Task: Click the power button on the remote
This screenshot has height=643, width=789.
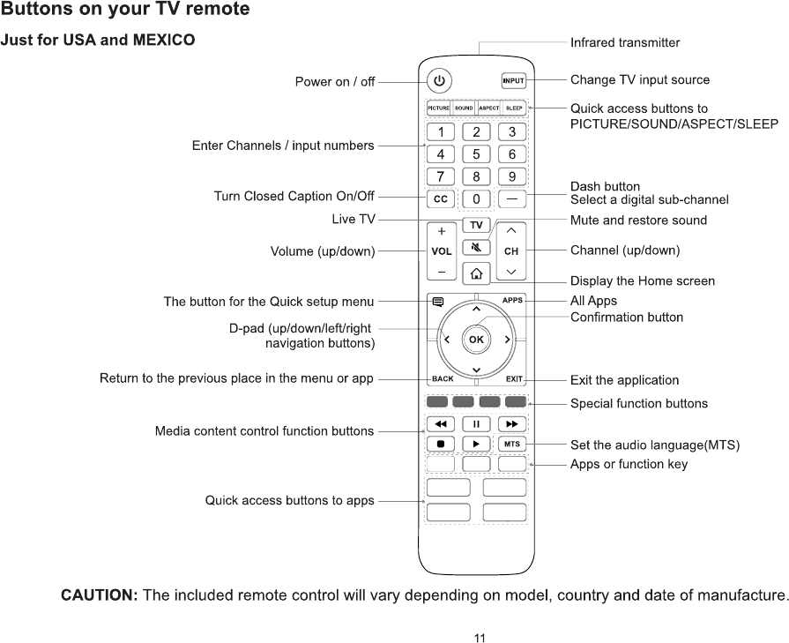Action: coord(440,81)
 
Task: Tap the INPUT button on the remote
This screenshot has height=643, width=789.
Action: coord(513,81)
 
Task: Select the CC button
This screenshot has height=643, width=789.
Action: coord(440,199)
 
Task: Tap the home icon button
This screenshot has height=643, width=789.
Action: coord(476,273)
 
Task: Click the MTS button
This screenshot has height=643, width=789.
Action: coord(511,444)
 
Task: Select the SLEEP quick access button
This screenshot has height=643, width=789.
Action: coord(514,108)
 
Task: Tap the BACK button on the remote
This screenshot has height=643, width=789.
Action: coord(443,379)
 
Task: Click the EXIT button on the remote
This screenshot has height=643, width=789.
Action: coord(513,379)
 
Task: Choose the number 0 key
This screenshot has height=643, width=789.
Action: coord(476,199)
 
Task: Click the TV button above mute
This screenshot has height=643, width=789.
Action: coord(476,225)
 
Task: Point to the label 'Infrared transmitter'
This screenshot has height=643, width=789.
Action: coord(625,42)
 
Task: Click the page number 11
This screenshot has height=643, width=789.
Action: coord(480,637)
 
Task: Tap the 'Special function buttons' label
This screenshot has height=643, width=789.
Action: coord(639,404)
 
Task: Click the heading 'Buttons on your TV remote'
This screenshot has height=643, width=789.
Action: coord(125,11)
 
